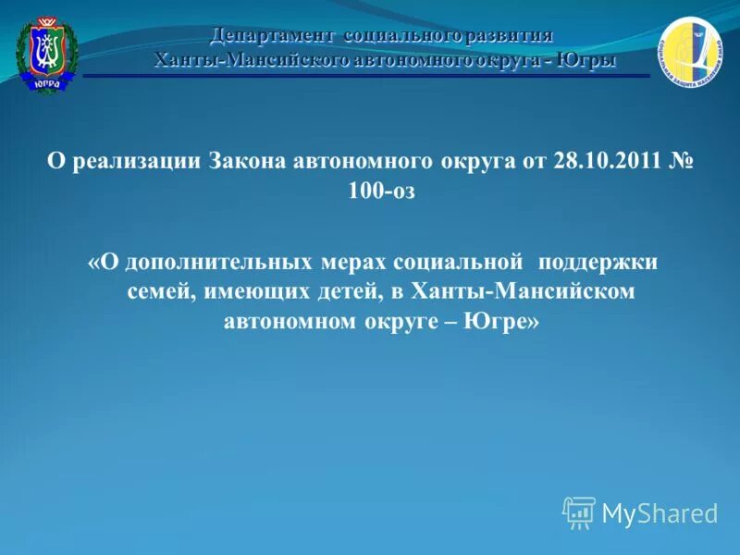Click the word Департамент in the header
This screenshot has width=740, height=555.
(x=272, y=36)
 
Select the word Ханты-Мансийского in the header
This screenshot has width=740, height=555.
(x=239, y=60)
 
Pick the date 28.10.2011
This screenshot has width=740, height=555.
(x=608, y=160)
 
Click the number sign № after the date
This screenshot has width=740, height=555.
(x=682, y=160)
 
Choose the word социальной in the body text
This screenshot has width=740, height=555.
(x=459, y=262)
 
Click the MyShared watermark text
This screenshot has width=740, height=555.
(x=660, y=513)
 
